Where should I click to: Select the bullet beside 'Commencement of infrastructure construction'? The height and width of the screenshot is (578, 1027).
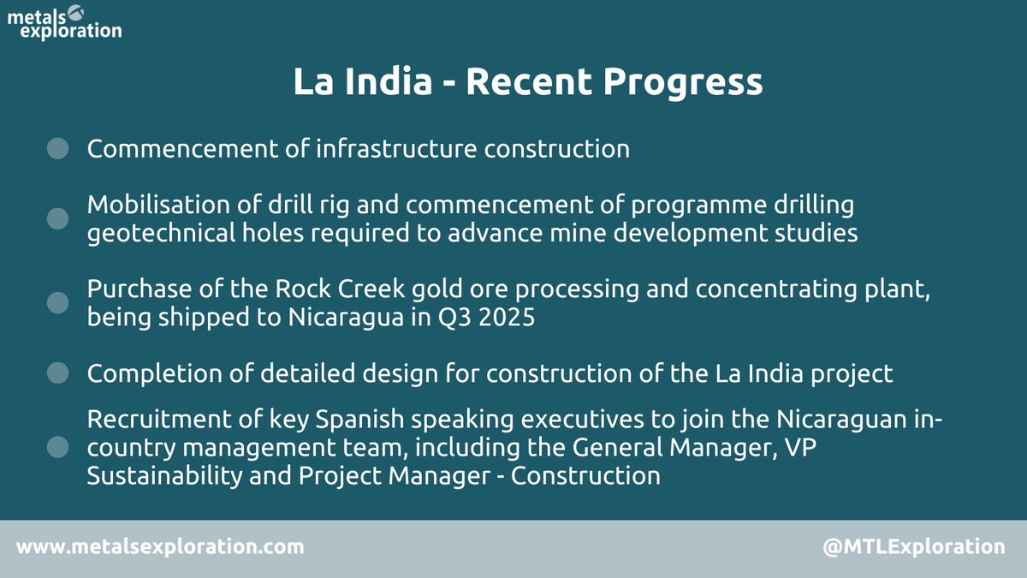(57, 149)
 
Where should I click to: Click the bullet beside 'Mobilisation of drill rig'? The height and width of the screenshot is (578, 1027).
(57, 218)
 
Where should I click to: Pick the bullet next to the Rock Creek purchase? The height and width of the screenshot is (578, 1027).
(57, 302)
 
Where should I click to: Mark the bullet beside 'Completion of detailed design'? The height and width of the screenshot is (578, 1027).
(57, 372)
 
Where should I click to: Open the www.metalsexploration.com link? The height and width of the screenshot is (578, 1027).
(160, 546)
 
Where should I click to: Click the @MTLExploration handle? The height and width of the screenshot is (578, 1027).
(913, 546)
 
